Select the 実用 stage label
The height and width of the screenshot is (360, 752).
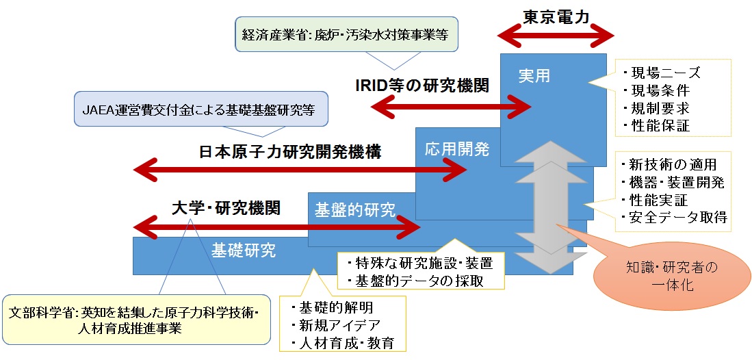(534, 75)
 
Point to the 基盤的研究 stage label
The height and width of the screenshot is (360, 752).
(354, 210)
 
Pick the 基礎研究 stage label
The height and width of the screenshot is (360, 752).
(244, 250)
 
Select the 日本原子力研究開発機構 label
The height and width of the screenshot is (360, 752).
(291, 151)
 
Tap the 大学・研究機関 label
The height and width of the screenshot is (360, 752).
(225, 207)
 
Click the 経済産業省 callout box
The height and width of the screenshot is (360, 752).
(346, 34)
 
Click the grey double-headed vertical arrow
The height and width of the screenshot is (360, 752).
(544, 205)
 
